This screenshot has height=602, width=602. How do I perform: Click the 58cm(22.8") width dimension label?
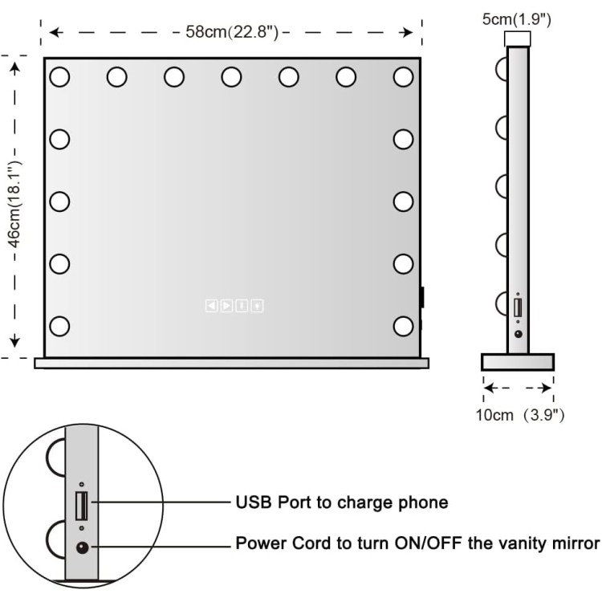232,32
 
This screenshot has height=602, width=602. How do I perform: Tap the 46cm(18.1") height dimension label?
15,205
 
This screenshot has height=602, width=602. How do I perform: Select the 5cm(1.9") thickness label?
517,19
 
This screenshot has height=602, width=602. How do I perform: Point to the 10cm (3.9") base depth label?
520,415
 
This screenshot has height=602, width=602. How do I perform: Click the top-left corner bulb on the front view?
59,77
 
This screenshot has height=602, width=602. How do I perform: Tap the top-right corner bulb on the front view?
403,77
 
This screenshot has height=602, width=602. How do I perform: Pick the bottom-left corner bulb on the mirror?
59,326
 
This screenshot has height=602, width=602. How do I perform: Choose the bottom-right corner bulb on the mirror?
403,326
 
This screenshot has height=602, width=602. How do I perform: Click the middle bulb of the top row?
231,77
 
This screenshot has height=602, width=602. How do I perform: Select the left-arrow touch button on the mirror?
211,306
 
